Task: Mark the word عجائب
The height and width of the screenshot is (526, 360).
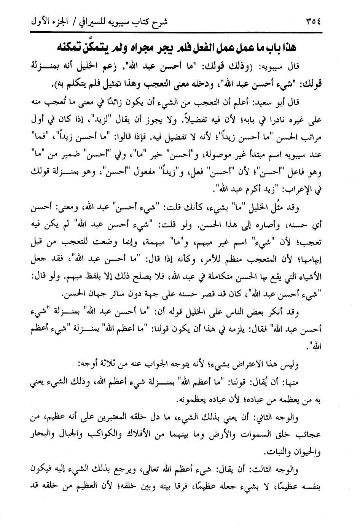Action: click(x=311, y=434)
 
